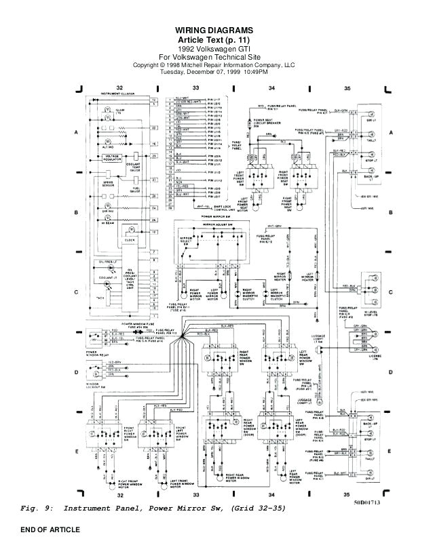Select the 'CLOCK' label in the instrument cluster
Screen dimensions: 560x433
130,240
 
